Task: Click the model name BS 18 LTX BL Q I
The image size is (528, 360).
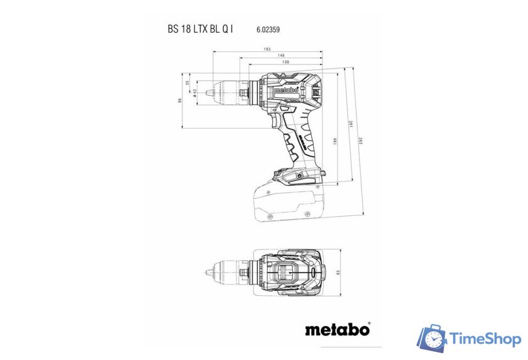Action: (200, 29)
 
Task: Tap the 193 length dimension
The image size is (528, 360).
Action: (267, 49)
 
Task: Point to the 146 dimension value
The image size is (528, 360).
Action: (280, 56)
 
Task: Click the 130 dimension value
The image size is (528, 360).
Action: (285, 62)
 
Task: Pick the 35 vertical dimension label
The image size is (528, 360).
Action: (187, 83)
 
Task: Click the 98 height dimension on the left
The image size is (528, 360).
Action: (179, 100)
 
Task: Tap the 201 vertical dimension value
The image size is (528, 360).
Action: (349, 124)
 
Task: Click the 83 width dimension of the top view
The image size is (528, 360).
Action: (338, 272)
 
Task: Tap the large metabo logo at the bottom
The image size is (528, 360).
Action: (337, 329)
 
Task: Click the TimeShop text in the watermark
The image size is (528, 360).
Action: (485, 339)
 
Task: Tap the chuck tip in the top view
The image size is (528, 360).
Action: (207, 273)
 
